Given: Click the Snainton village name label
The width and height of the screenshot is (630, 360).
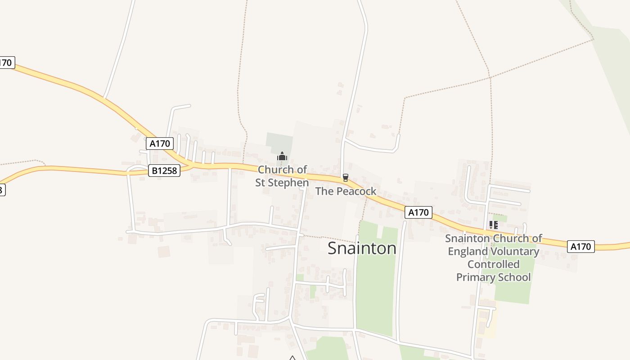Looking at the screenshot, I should point(362,248).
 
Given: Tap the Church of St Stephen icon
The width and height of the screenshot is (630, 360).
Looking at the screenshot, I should point(282,157).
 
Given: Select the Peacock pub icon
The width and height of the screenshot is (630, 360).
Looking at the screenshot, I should point(345,177).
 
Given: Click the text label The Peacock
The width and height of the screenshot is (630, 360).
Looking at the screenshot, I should point(346,191).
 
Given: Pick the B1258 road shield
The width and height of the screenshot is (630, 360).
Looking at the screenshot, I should point(164,171).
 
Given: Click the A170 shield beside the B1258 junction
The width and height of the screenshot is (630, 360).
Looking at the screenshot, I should point(160,144).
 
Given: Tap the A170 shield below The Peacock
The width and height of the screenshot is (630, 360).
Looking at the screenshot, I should point(418,212).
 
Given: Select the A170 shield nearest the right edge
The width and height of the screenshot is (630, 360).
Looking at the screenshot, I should point(580,247).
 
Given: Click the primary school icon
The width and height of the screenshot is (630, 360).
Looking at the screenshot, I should point(493,225).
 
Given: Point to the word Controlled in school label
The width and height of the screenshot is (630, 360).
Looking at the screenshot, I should point(493,264).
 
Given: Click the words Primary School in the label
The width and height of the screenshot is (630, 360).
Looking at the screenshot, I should point(493,277).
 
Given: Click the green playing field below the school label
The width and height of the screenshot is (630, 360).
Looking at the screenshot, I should point(513,290).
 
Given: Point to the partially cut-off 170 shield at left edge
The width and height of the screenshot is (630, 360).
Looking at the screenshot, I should point(6,63).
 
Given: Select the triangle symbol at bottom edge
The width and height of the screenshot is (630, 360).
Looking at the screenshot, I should point(292,358).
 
